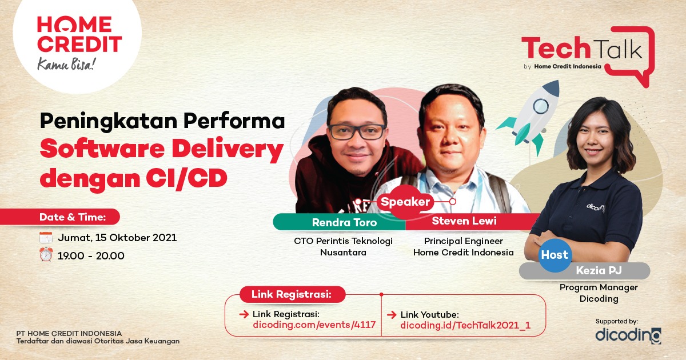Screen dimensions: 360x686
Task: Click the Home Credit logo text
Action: pos(79,34)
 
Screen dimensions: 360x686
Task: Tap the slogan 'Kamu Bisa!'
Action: pos(67,64)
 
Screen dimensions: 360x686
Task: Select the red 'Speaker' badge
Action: pos(405,202)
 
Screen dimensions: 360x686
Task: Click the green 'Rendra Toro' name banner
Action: pos(339,222)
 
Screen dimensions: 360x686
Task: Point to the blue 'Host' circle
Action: pos(555,255)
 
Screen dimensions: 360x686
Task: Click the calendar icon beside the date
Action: pos(46,238)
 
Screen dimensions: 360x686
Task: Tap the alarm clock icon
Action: pos(46,255)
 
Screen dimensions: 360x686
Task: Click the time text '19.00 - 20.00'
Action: pos(91,256)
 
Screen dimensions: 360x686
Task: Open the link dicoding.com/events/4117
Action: pos(314,325)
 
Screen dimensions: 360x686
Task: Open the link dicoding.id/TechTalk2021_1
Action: pos(465,325)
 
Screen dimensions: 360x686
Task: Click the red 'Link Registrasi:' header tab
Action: pos(292,295)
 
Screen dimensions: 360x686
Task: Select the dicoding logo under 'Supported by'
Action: pos(628,335)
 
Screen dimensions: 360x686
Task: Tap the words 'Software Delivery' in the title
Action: pos(162,150)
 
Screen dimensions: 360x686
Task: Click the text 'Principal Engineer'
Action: pos(463,241)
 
